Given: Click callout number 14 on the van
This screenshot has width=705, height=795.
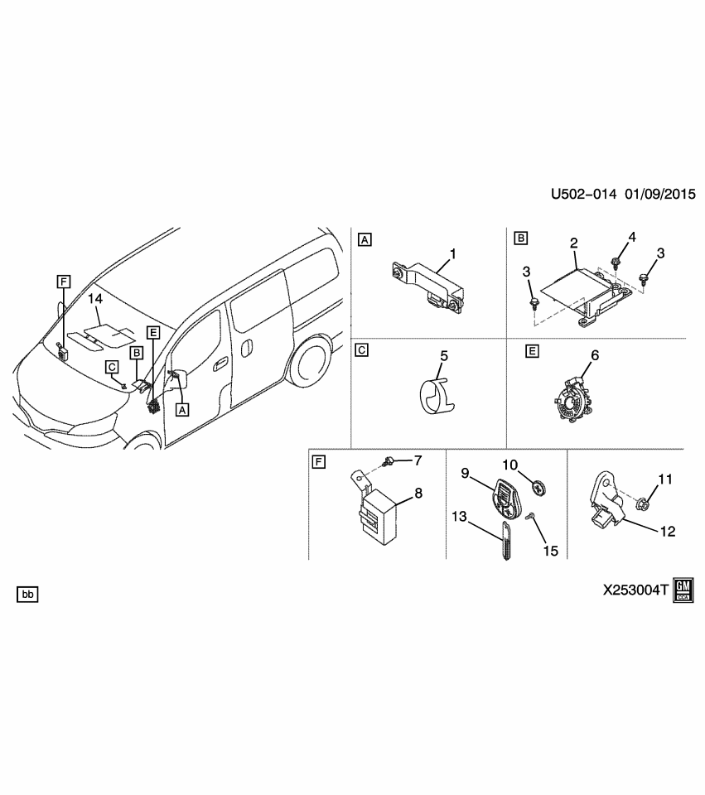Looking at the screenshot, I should tap(95, 297).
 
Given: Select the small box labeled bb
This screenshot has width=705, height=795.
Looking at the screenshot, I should tap(27, 594).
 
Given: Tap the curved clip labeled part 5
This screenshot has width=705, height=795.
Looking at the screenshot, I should tap(436, 395).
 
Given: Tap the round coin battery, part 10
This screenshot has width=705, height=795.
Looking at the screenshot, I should tap(539, 488).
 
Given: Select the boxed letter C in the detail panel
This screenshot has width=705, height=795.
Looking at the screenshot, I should tap(361, 349).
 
